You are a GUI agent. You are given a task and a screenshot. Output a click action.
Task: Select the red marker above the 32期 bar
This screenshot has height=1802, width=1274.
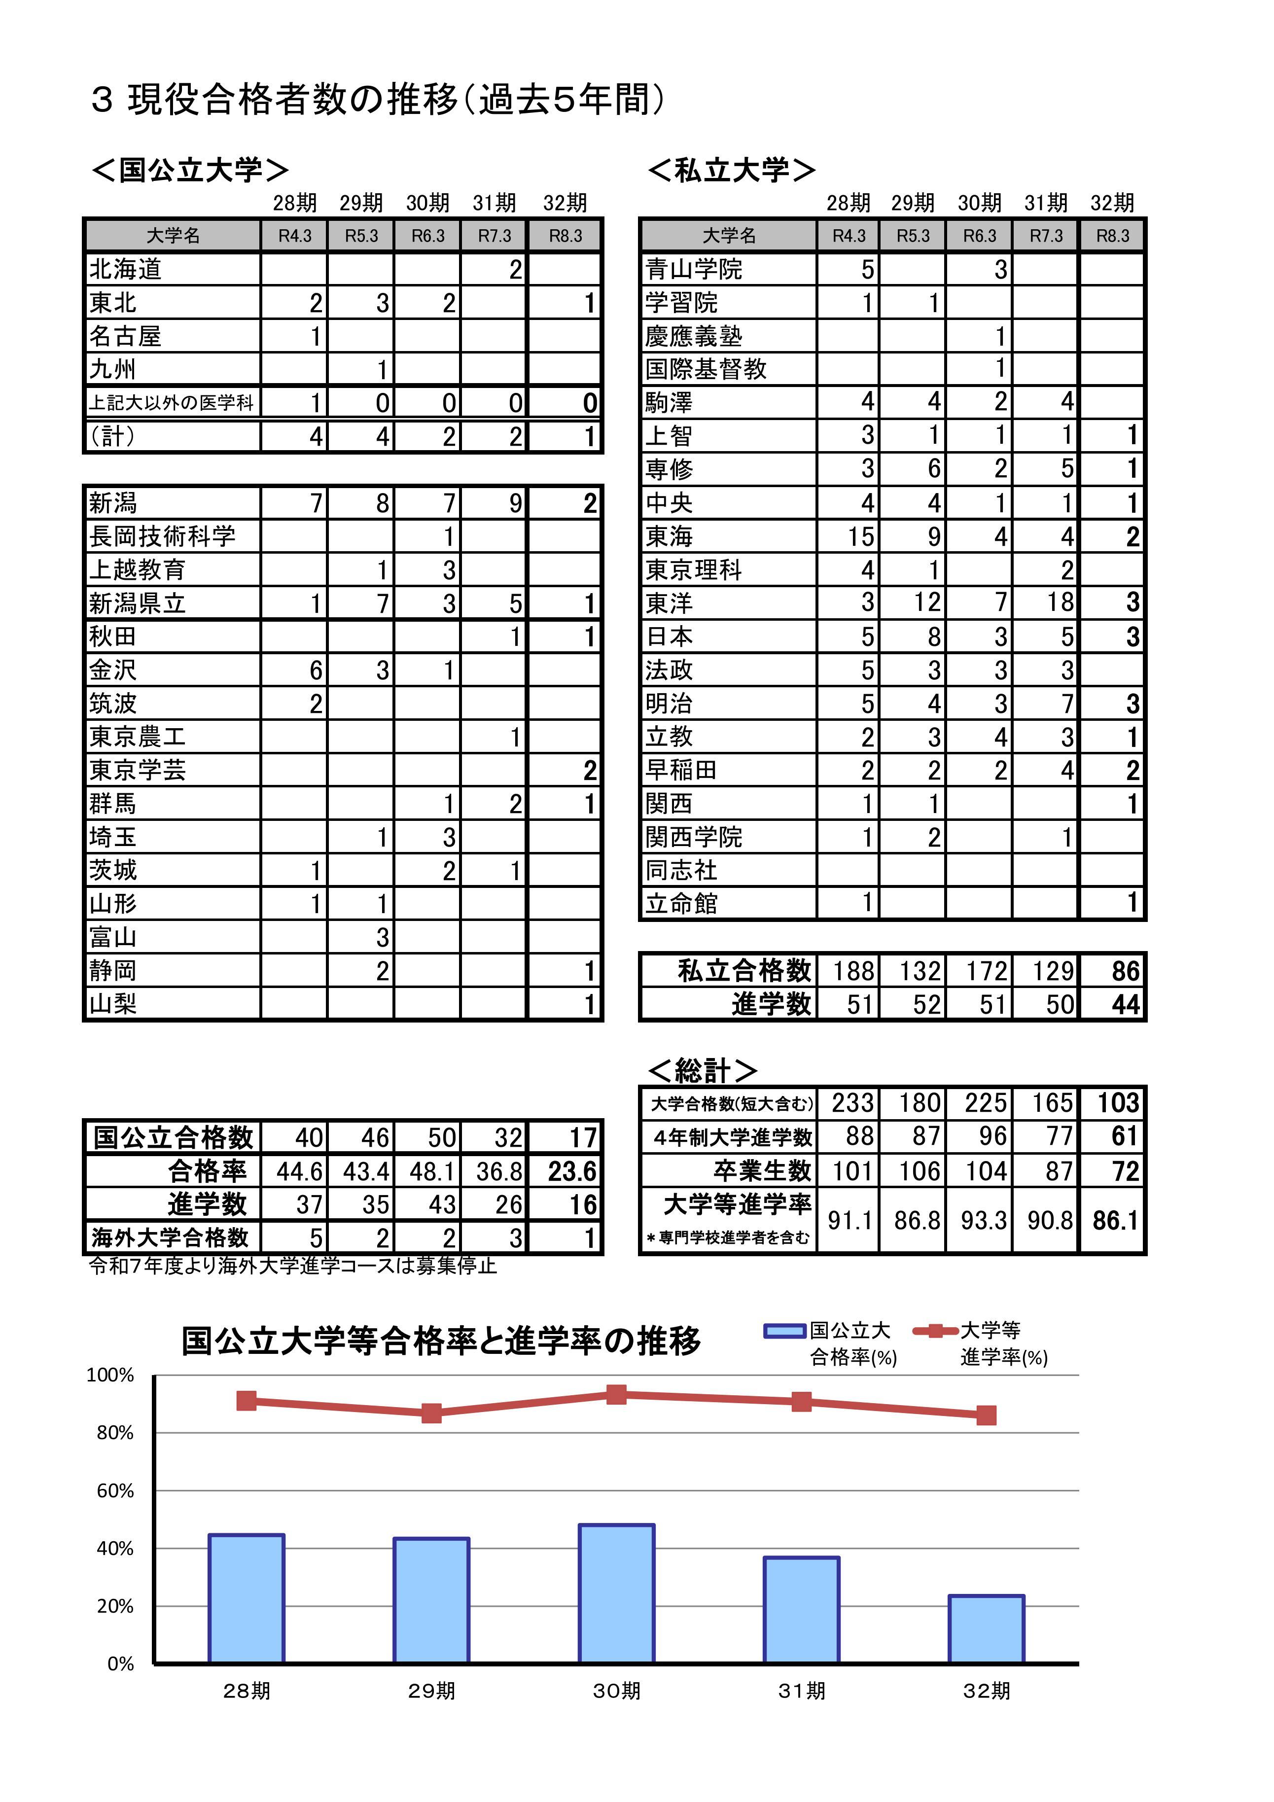coord(986,1415)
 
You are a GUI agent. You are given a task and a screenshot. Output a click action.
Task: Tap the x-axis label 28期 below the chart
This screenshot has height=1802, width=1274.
coord(247,1690)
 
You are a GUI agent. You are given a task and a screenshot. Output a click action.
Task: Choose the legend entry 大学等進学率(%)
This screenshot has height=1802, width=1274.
coord(989,1343)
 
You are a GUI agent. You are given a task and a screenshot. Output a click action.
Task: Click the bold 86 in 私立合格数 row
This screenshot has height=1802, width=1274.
coord(1124,971)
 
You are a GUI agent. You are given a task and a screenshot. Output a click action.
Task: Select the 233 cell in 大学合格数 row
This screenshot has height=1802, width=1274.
coord(851,1103)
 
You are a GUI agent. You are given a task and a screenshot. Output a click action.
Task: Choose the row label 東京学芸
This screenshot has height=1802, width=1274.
coord(138,770)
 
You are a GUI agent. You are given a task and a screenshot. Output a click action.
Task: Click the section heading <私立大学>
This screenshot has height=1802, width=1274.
coord(731,170)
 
